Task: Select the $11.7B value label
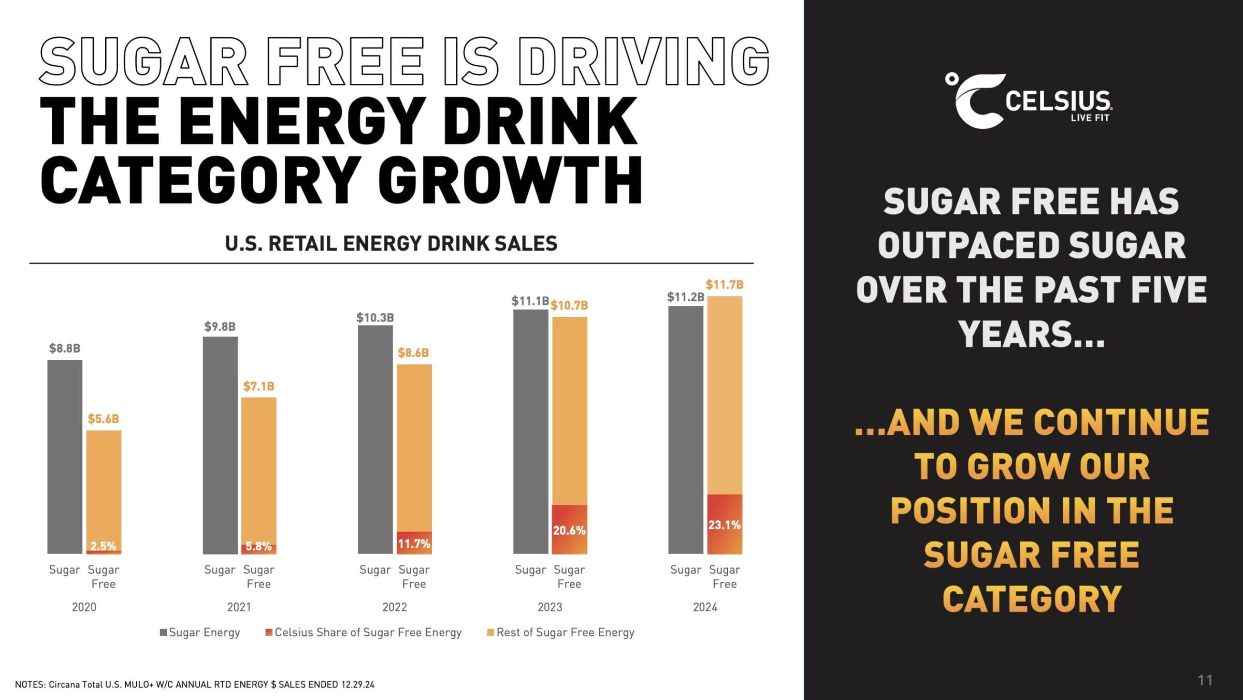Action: [x=724, y=285]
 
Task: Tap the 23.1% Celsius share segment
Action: [x=725, y=524]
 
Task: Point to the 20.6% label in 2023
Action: [x=569, y=531]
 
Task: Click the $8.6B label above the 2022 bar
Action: [x=413, y=353]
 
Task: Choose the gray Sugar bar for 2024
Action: [x=686, y=430]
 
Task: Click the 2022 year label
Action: [x=395, y=607]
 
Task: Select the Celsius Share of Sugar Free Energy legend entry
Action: [x=364, y=632]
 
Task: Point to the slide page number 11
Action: [x=1205, y=680]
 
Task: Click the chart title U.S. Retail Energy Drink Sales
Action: [x=391, y=243]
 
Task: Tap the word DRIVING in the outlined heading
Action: [x=644, y=61]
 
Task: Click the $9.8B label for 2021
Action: [x=220, y=327]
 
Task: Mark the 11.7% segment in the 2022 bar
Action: [x=414, y=543]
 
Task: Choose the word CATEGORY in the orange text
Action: [x=1032, y=600]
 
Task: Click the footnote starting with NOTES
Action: [x=194, y=684]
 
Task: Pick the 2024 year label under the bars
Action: [x=705, y=607]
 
